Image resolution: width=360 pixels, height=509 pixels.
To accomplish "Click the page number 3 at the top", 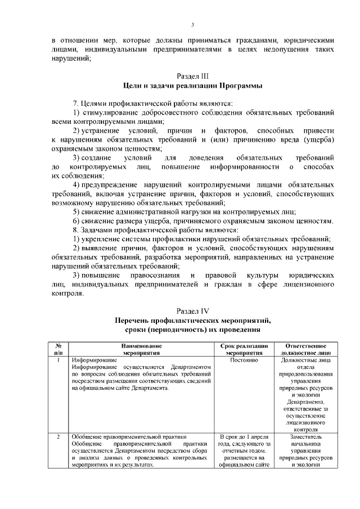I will pos(192,25).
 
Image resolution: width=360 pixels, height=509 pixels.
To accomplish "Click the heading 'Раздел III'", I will pos(192,75).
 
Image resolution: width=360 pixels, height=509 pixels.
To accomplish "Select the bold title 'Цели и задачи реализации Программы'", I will pos(192,85).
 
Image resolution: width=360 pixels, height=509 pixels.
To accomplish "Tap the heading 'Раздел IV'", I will pos(192,310).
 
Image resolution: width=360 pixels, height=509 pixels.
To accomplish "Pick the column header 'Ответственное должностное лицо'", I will pos(307,349).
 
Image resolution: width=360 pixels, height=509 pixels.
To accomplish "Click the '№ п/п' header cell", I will pos(58,349).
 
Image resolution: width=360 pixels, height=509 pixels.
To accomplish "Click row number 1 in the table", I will pos(58,359).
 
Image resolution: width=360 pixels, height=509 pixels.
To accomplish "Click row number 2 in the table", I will pos(58,436).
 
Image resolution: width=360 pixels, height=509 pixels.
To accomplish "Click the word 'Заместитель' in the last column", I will pos(307,436).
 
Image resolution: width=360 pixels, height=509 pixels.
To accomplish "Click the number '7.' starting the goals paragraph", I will pos(77,103).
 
